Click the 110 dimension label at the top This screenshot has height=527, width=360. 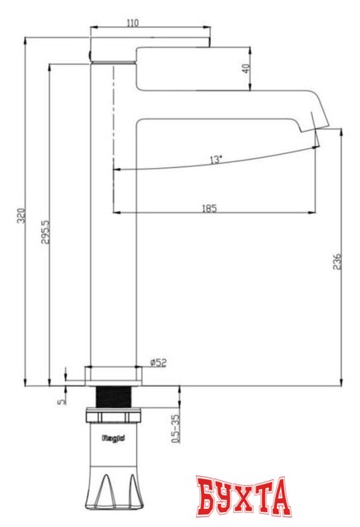[133, 23]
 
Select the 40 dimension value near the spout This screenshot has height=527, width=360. [246, 69]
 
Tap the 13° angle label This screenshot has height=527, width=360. [215, 160]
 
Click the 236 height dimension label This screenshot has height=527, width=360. [336, 262]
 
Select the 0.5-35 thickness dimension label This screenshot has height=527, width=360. [174, 429]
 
